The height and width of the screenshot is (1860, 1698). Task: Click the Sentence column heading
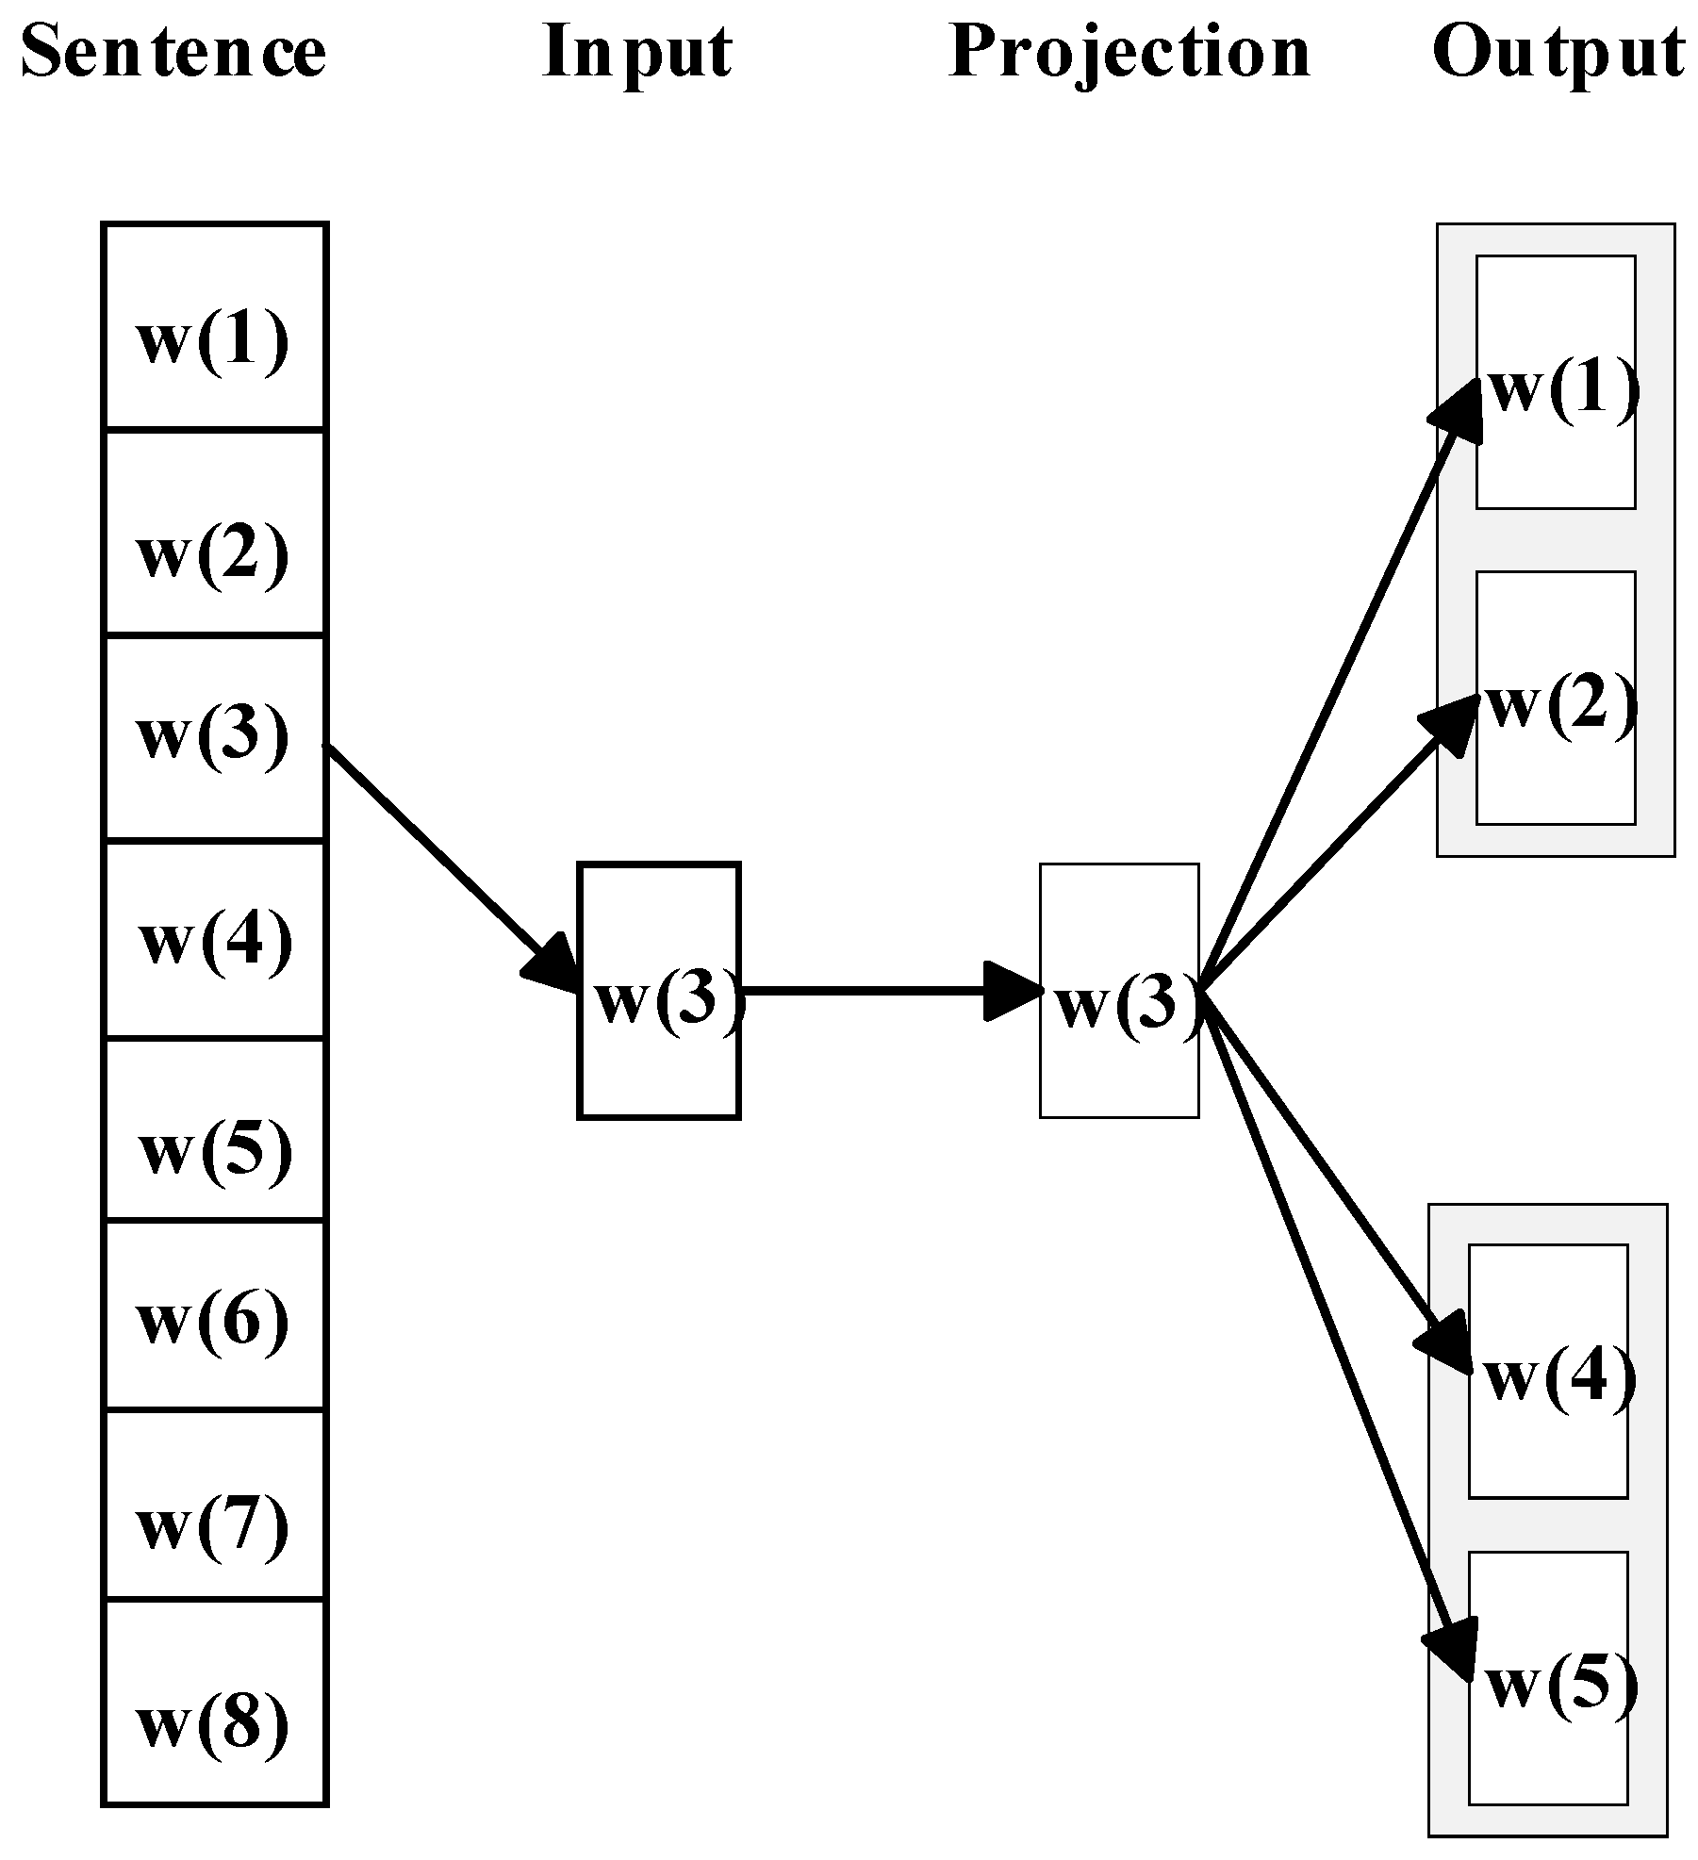[173, 51]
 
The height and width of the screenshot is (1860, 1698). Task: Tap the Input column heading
[637, 51]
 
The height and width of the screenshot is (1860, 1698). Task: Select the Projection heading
[1129, 53]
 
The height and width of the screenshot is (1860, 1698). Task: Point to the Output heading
[1558, 53]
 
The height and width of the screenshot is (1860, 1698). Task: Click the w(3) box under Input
[658, 991]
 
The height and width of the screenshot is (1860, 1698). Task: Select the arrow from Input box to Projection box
[877, 991]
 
